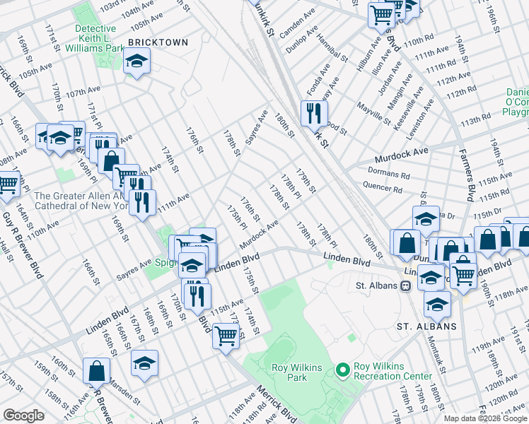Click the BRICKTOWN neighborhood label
click(x=158, y=42)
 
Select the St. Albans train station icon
click(x=405, y=286)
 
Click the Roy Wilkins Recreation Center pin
click(x=343, y=370)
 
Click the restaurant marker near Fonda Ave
click(x=313, y=113)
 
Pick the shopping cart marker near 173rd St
click(x=226, y=336)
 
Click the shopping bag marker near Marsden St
click(x=96, y=370)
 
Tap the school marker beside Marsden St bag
click(x=144, y=363)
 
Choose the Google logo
click(x=23, y=416)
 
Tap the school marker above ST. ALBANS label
click(x=437, y=304)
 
